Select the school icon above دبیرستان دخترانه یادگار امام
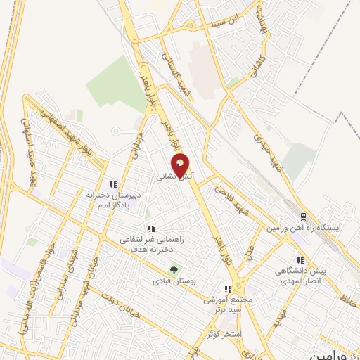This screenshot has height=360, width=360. pos(106,184)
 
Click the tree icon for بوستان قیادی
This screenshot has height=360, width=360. pos(173,269)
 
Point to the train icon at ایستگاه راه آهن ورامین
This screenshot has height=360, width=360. pos(303,217)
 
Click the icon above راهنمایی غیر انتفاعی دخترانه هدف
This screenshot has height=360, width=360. pos(150,229)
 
